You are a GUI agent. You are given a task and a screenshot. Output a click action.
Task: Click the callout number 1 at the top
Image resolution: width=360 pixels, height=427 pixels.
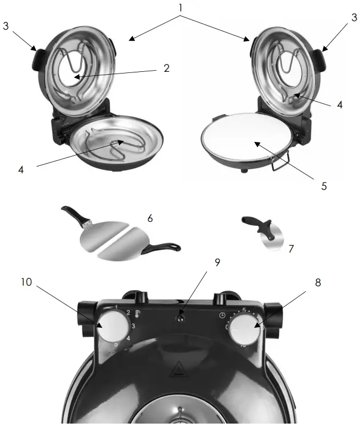click(181, 10)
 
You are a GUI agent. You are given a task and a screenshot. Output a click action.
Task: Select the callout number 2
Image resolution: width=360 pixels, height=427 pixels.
click(166, 68)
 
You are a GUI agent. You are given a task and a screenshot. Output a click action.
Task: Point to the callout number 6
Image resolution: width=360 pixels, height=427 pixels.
click(150, 218)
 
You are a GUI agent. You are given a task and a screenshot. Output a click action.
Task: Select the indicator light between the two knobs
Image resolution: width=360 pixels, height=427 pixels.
click(181, 318)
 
